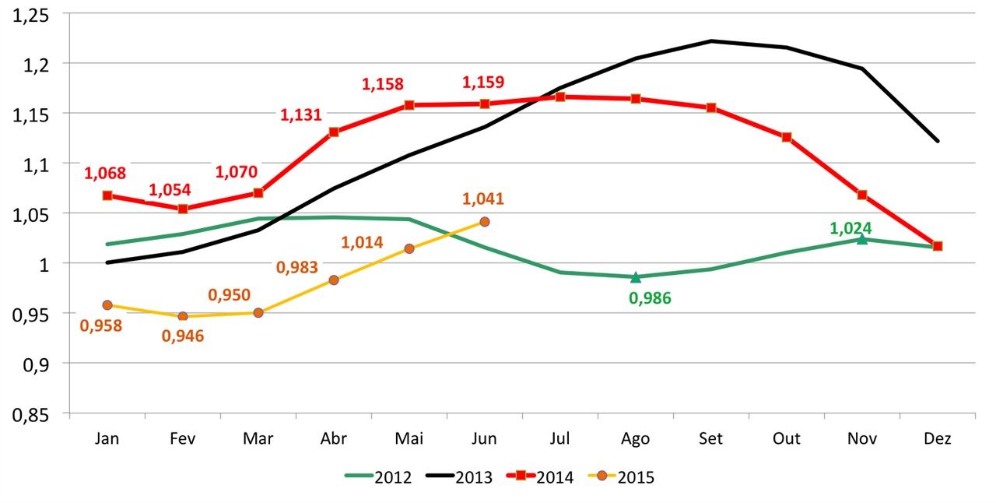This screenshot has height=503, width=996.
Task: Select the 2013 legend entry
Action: click(x=460, y=477)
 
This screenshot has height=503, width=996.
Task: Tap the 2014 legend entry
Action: click(x=540, y=477)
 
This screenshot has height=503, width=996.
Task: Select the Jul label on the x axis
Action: click(x=559, y=439)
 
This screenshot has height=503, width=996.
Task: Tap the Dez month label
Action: click(x=938, y=439)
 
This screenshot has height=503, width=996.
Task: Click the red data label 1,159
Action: click(x=483, y=82)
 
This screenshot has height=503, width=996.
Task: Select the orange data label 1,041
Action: click(x=483, y=199)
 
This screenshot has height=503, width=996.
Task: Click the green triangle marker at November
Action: click(x=862, y=239)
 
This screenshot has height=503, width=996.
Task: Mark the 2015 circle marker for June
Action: click(x=485, y=222)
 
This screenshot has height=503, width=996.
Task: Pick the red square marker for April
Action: click(x=334, y=132)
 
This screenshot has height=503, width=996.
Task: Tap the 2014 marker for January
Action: click(x=107, y=195)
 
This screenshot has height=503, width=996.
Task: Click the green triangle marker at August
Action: click(x=636, y=277)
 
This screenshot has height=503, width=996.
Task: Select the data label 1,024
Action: click(x=850, y=228)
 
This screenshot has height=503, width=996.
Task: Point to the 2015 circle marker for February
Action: click(x=183, y=317)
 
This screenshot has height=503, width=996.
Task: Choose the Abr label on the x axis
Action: click(x=333, y=439)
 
